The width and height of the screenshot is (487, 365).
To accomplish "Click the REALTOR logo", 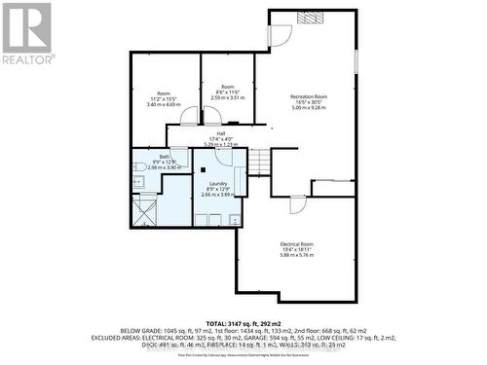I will [x=27, y=33].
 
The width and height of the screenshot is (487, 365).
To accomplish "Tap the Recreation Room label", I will [x=308, y=96].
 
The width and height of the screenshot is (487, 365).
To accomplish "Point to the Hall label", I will [x=220, y=133].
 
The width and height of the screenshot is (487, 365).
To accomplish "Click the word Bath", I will [x=165, y=157].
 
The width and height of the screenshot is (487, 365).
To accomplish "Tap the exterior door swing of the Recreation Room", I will [x=281, y=35].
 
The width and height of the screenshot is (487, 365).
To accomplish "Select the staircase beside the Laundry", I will [x=258, y=162].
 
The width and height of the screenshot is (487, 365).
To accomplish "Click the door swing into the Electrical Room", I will [x=298, y=205].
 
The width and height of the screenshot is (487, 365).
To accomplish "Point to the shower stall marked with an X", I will [x=144, y=208].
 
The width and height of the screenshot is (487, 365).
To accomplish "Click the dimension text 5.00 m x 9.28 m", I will [x=308, y=108].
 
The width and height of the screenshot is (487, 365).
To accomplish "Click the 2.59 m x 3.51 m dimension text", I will [x=227, y=97].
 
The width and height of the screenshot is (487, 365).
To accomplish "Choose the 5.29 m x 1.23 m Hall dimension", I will [x=220, y=144].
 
